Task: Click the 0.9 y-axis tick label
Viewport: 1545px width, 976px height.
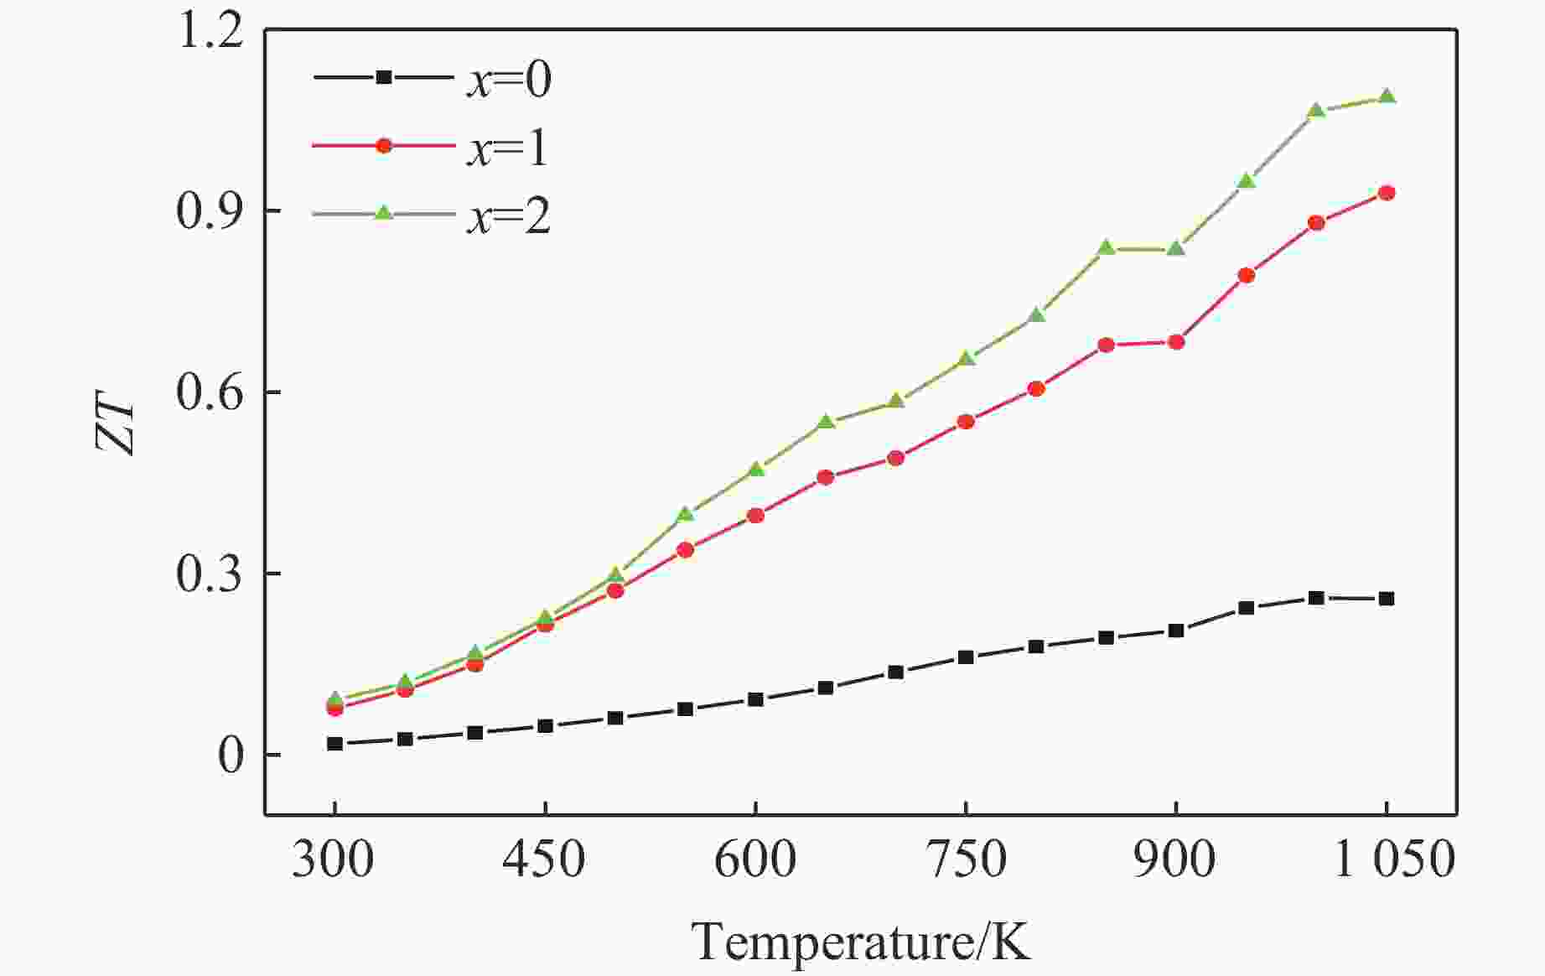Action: [x=210, y=211]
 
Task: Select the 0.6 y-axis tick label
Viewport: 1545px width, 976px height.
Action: [x=210, y=392]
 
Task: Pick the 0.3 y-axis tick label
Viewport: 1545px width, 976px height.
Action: [x=210, y=574]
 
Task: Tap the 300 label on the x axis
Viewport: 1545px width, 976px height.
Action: [x=334, y=860]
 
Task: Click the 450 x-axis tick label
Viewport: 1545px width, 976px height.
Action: [x=545, y=860]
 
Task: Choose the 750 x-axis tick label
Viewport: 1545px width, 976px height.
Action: [x=966, y=860]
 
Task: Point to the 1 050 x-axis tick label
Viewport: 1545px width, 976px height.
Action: [x=1393, y=860]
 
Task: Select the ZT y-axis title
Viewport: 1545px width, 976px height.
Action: [x=116, y=428]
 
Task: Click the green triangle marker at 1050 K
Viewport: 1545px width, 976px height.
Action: [x=1387, y=96]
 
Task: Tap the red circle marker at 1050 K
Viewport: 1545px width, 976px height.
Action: [x=1387, y=193]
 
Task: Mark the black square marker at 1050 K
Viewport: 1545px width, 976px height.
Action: [x=1387, y=599]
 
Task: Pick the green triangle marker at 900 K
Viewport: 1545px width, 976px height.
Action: [x=1176, y=248]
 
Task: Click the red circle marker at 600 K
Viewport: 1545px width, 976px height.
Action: [x=755, y=516]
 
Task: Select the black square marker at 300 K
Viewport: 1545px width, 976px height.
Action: [x=334, y=744]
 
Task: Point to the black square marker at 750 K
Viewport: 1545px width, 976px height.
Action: [x=966, y=657]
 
